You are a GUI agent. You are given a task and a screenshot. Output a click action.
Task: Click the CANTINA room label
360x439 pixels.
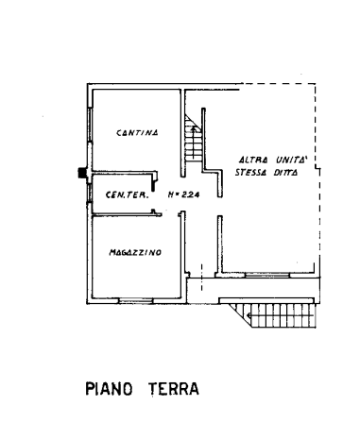(x=137, y=133)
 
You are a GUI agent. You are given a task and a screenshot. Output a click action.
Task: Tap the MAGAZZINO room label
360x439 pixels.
(x=135, y=252)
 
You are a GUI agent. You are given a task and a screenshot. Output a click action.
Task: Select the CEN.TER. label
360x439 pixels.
(x=127, y=195)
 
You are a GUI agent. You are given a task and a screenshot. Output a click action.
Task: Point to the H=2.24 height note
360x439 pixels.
(x=183, y=194)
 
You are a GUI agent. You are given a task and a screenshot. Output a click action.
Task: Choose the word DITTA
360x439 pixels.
(x=285, y=173)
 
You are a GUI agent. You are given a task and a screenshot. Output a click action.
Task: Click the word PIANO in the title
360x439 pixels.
(x=109, y=389)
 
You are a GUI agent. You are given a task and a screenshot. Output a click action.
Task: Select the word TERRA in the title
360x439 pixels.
(x=174, y=389)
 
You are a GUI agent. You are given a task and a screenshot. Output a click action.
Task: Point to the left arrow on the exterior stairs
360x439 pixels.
(x=281, y=315)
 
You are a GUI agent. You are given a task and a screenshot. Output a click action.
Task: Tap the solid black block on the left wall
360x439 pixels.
(x=82, y=173)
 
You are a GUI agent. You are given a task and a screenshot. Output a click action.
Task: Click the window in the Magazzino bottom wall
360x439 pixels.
(x=135, y=301)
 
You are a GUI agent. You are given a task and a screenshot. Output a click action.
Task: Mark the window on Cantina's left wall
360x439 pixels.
(x=90, y=125)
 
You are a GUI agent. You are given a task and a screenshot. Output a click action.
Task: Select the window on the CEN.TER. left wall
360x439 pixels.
(x=90, y=193)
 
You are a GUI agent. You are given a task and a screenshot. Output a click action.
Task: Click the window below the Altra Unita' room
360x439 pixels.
(x=267, y=276)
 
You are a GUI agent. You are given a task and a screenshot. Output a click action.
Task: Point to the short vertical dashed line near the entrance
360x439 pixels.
(x=202, y=278)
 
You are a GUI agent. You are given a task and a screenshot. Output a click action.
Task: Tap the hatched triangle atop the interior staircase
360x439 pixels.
(x=191, y=122)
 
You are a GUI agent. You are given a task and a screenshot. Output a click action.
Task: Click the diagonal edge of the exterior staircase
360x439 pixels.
(x=240, y=315)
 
